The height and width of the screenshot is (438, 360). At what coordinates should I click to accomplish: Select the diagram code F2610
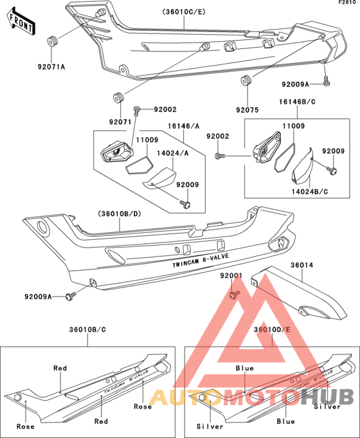point(347,4)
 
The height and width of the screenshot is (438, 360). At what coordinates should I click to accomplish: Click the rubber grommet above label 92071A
point(53,42)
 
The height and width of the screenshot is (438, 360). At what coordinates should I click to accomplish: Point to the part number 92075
point(247,111)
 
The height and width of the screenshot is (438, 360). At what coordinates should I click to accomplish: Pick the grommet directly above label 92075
point(246,80)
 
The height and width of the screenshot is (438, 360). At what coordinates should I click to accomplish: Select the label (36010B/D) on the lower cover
point(120,214)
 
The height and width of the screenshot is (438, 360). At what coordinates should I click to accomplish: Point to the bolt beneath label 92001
point(233,295)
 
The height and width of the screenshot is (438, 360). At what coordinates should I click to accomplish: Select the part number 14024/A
point(170,153)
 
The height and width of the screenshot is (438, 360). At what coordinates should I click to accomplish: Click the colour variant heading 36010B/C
point(88,329)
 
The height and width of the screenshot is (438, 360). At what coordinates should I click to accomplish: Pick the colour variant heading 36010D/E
point(272,329)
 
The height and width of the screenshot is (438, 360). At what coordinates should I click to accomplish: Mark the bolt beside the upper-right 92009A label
point(327,82)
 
